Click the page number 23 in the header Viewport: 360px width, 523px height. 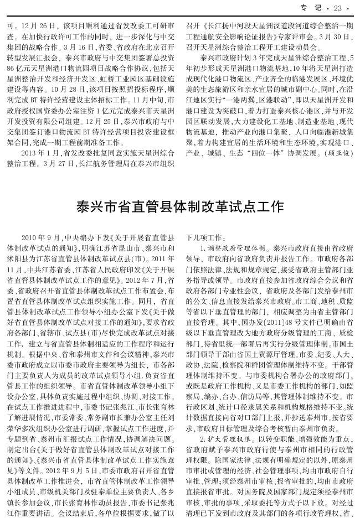click(338, 8)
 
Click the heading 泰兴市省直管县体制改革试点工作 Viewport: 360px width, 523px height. click(180, 206)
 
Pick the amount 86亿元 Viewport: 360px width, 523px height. click(19, 69)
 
